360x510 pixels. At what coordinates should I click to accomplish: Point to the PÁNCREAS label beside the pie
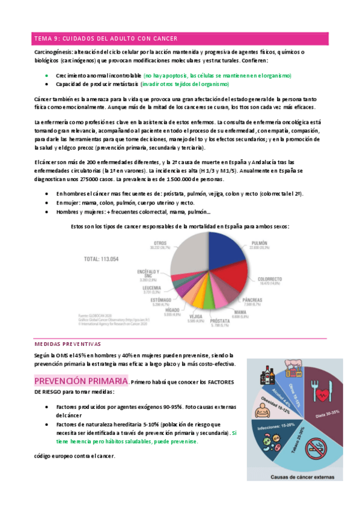coord(252,300)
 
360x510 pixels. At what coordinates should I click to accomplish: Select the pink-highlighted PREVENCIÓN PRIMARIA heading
coord(81,381)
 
